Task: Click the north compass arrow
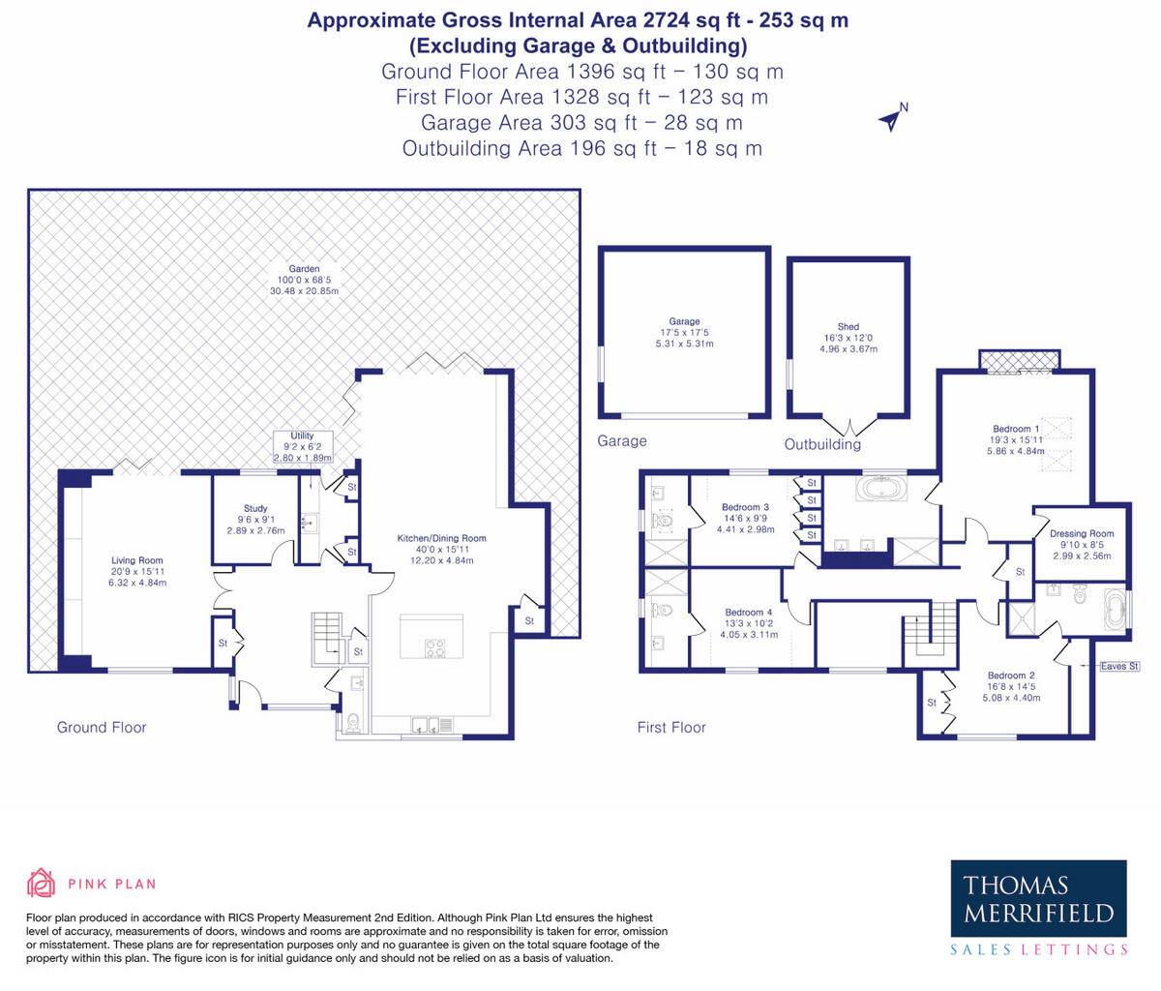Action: [890, 120]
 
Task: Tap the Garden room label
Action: [304, 269]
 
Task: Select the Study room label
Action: [255, 508]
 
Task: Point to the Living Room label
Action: [137, 560]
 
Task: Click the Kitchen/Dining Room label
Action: [441, 538]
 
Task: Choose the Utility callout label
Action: [302, 435]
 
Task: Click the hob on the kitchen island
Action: [435, 648]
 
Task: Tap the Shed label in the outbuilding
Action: [848, 326]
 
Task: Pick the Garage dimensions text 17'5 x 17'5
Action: [684, 333]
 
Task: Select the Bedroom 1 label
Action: [1016, 429]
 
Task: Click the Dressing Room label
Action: [1082, 533]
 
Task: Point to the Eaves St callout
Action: [1119, 666]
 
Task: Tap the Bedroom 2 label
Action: [1011, 676]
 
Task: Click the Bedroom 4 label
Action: [749, 613]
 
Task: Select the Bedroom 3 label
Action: [745, 507]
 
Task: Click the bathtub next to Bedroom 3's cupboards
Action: [881, 489]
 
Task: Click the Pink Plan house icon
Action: [41, 883]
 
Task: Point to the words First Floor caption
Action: [671, 728]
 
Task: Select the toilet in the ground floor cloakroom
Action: [353, 723]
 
